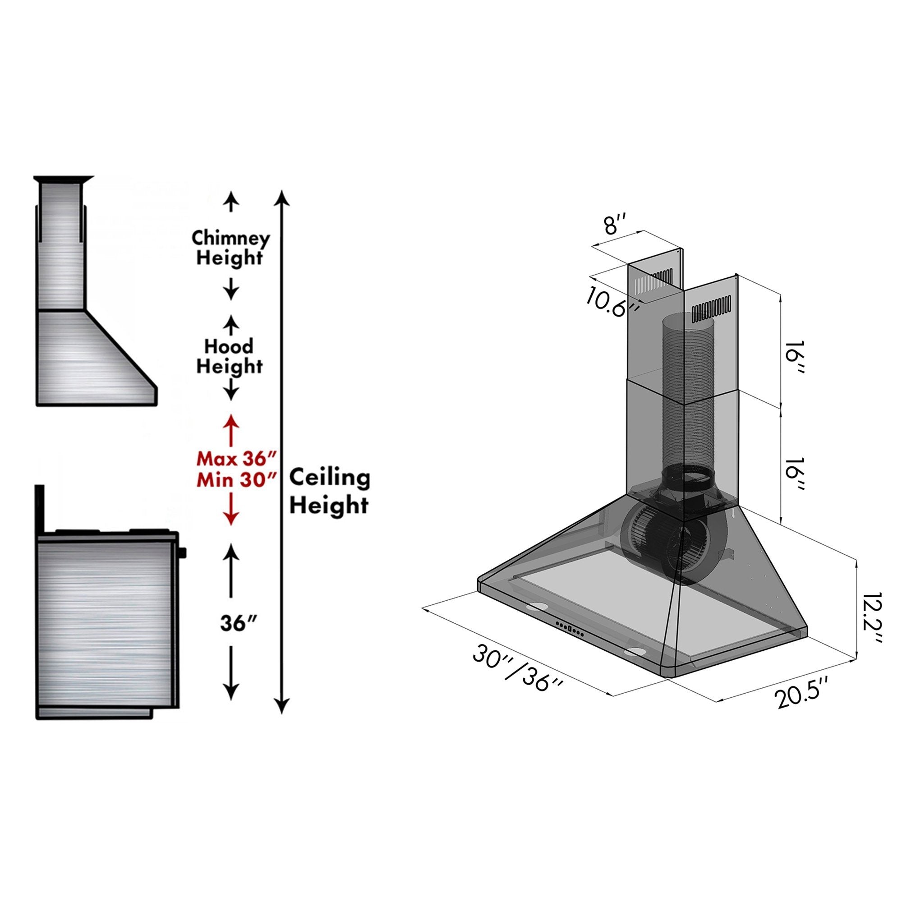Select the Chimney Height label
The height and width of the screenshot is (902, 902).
pos(230,248)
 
